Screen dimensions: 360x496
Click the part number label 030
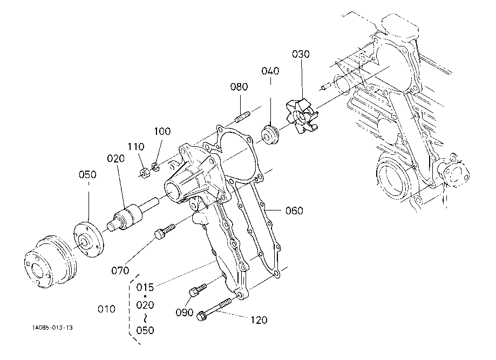tap(301, 54)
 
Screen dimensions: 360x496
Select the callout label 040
tap(270, 72)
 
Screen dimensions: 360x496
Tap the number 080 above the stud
tap(239, 86)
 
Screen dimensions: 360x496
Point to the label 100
tap(162, 131)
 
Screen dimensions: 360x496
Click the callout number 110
tap(135, 146)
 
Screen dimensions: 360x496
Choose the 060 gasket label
tap(294, 210)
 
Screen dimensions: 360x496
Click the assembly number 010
tap(106, 309)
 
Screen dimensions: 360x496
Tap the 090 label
tap(185, 313)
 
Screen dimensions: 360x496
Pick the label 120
tap(259, 320)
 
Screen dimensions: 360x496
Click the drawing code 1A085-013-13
tap(52, 327)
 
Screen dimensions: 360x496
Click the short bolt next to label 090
tap(198, 289)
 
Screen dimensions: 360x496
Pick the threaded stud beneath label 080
tap(242, 116)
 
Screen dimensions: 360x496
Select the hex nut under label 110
tap(145, 173)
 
